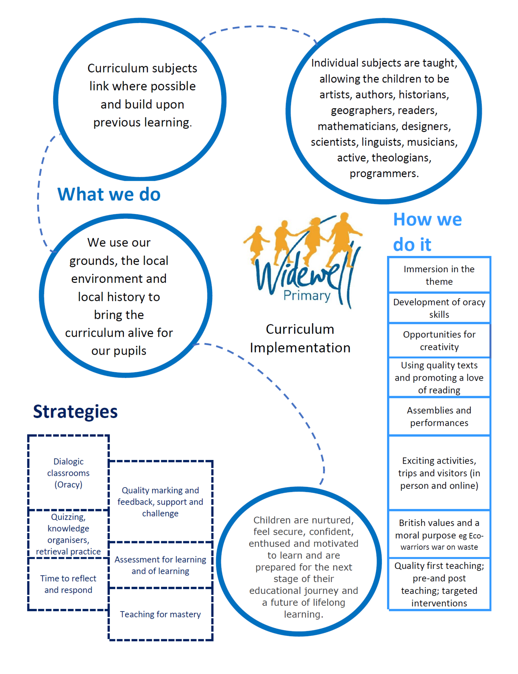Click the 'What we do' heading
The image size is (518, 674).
point(109,194)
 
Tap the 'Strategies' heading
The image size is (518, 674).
point(75,412)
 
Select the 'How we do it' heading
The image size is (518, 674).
point(427,232)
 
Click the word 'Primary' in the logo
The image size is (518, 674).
point(307,296)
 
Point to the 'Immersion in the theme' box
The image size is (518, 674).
point(439,275)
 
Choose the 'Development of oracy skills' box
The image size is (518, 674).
point(439,308)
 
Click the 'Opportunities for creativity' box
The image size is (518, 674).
point(439,341)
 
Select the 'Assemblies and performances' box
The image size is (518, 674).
point(439,417)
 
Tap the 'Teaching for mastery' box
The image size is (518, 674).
point(160,614)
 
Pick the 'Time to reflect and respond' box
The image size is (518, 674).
point(68,584)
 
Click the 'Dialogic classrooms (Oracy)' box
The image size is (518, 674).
point(68,473)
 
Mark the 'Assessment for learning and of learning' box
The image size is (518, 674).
point(160,565)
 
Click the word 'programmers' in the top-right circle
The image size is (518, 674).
point(384,173)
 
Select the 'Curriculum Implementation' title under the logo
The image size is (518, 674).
point(300,338)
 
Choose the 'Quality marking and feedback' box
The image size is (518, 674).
point(160,502)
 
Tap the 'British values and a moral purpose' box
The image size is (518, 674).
point(439,534)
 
